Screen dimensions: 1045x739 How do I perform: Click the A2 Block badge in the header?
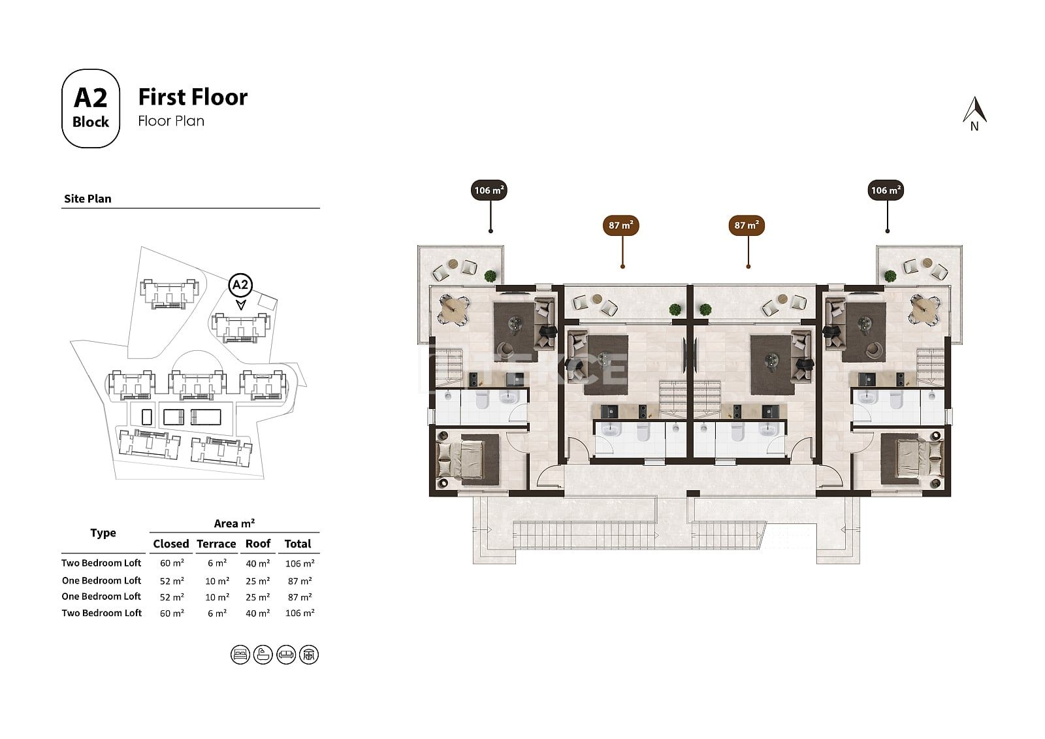(91, 108)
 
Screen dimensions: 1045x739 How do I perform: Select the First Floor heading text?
(193, 97)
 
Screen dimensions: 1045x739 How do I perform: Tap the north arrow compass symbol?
(974, 114)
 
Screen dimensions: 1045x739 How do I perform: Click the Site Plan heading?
(88, 199)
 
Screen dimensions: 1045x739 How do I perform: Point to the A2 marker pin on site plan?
(240, 290)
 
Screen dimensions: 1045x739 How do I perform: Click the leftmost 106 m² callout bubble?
(489, 190)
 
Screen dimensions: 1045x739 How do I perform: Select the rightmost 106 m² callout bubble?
(886, 190)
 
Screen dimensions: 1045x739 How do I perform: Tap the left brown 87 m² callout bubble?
(621, 225)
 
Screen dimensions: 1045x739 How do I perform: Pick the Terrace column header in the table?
(216, 544)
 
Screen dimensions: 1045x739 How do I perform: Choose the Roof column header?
(258, 544)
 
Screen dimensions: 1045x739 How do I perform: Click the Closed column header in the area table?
(170, 544)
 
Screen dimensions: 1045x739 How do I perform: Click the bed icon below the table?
(240, 655)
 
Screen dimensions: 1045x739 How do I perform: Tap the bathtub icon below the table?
(263, 655)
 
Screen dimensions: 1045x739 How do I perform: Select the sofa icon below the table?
(286, 655)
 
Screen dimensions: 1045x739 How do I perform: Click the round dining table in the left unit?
(453, 309)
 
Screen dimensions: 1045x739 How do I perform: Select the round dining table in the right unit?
(924, 309)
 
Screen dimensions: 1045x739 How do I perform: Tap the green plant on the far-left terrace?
(490, 276)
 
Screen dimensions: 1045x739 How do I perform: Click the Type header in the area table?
(103, 533)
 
